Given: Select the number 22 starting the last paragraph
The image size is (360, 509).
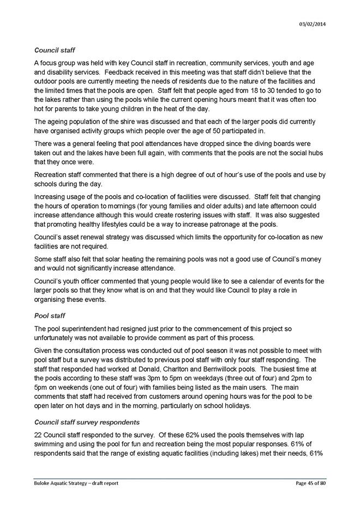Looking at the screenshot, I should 38,435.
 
